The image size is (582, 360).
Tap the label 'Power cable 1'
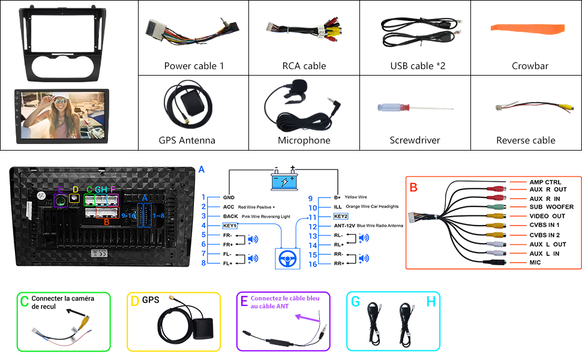click(194, 66)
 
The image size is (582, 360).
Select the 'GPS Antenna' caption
click(187, 140)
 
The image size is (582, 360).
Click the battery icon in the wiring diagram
click(283, 181)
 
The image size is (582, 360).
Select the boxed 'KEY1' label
click(230, 226)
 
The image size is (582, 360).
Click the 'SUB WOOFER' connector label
click(551, 207)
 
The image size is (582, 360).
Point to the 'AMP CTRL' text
click(545, 182)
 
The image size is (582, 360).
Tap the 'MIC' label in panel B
click(535, 262)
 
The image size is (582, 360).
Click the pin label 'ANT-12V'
click(331, 226)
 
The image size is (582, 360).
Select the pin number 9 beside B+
click(310, 198)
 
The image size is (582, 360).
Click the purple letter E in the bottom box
click(244, 301)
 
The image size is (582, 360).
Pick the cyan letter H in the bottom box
click(431, 302)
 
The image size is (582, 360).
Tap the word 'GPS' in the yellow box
click(151, 299)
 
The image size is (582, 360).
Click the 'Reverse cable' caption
click(526, 140)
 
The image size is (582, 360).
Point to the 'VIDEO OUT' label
click(547, 216)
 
